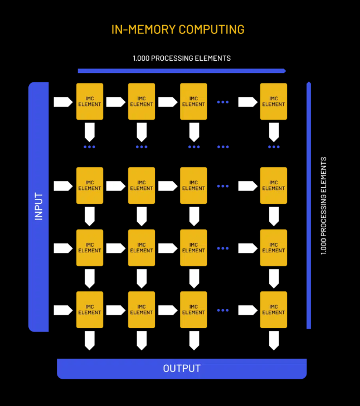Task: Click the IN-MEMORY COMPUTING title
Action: (x=178, y=30)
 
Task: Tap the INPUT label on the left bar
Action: (x=38, y=207)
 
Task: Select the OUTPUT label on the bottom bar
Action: (x=182, y=369)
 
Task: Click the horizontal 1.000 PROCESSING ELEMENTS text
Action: (x=181, y=58)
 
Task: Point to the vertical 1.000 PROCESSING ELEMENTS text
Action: (x=324, y=206)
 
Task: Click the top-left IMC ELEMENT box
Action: (x=90, y=101)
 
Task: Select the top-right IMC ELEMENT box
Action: (x=274, y=101)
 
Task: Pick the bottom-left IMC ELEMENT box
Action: (x=90, y=310)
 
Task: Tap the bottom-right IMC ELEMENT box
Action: (x=274, y=310)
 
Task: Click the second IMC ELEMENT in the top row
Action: (x=142, y=101)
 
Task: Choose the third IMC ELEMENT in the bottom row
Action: (x=193, y=310)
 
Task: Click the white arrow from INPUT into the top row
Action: (x=63, y=102)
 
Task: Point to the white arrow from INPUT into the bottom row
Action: (x=63, y=310)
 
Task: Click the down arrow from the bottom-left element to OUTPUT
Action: (x=90, y=340)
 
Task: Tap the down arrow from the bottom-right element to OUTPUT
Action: (x=274, y=340)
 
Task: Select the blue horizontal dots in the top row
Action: (x=223, y=102)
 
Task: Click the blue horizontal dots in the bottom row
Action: (x=223, y=310)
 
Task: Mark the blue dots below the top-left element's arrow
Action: (x=89, y=147)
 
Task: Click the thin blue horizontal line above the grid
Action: (x=182, y=71)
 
